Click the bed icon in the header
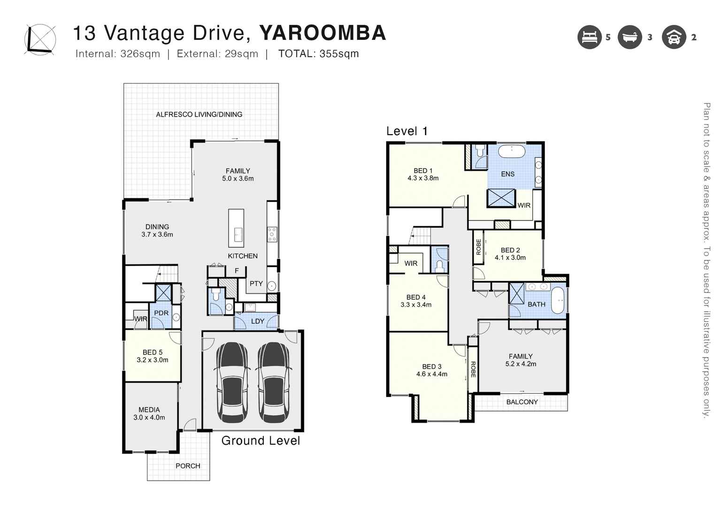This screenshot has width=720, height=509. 589,37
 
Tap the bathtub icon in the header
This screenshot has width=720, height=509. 629,37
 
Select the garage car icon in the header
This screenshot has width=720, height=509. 674,37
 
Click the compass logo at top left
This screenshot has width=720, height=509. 40,39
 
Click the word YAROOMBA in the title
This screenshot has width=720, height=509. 322,33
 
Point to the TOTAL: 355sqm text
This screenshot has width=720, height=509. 318,54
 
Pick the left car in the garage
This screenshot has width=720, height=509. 232,382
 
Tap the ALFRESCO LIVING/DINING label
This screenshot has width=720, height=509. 199,114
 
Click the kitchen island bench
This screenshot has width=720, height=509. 236,228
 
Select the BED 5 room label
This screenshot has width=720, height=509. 153,356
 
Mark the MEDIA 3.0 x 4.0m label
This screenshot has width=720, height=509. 149,413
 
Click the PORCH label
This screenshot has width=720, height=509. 188,466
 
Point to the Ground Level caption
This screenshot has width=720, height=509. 260,441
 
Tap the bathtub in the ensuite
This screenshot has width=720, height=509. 511,152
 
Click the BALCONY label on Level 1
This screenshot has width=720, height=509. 522,402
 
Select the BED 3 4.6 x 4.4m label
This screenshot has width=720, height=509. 431,370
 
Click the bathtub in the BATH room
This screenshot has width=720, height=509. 559,301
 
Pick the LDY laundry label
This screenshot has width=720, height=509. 258,321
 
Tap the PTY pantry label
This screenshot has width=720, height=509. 256,283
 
